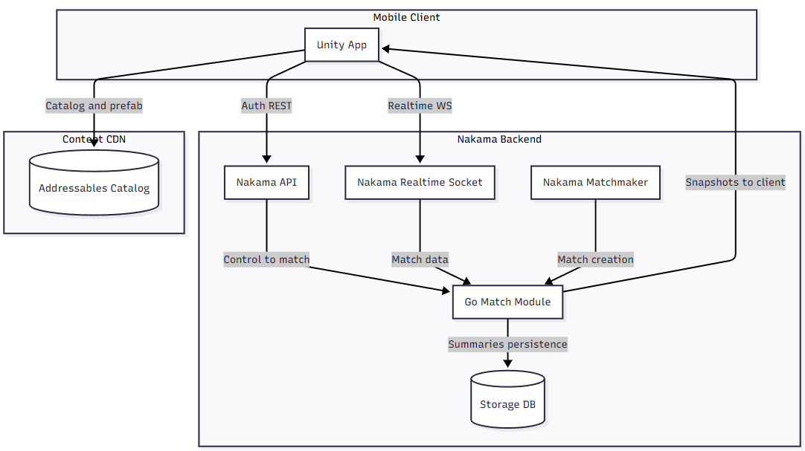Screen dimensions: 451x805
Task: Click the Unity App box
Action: [341, 45]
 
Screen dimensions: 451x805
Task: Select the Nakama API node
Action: [266, 182]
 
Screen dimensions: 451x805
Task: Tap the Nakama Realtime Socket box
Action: [420, 182]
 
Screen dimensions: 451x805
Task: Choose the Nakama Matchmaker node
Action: [595, 182]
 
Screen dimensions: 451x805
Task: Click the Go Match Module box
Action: [507, 302]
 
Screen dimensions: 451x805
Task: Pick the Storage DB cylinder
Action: [507, 401]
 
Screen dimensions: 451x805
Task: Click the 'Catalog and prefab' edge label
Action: [94, 106]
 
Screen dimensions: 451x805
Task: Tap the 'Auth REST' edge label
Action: [266, 106]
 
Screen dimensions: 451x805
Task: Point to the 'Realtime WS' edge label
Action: [420, 106]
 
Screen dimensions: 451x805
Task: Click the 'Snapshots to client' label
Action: [735, 182]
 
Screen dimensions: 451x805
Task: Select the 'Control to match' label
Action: [266, 259]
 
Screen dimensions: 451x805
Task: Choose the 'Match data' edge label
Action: [420, 259]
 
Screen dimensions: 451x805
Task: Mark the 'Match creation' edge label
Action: [595, 259]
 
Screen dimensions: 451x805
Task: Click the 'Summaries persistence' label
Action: [507, 344]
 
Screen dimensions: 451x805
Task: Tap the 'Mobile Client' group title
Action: [406, 17]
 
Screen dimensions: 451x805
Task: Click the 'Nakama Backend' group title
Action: [498, 139]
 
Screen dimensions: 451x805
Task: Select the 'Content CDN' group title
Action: [93, 139]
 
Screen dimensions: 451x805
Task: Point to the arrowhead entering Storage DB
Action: [507, 363]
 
